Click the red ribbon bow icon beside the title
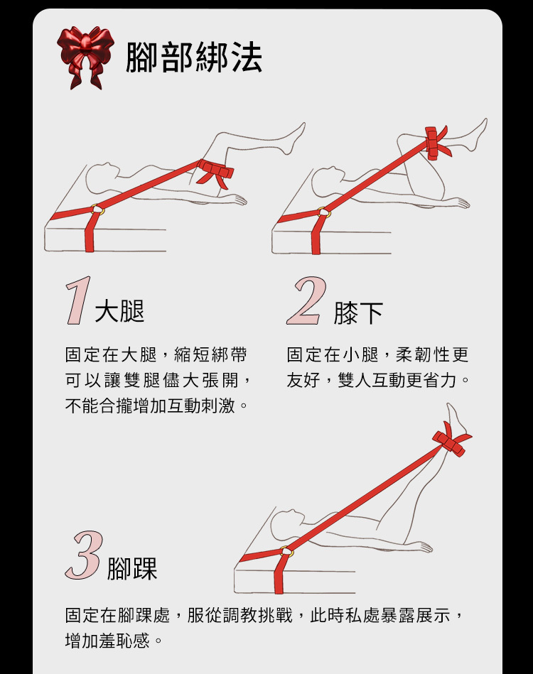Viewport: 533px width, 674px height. [85, 57]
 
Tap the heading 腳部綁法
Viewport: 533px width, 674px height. [193, 57]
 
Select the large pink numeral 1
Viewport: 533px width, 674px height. [77, 301]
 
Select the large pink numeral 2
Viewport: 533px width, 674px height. [306, 301]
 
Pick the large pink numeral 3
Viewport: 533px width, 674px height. [83, 556]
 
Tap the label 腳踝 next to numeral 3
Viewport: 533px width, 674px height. [132, 569]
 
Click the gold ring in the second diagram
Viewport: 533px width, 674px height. [323, 211]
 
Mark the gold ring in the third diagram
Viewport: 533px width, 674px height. [286, 552]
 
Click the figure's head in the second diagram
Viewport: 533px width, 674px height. [323, 176]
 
